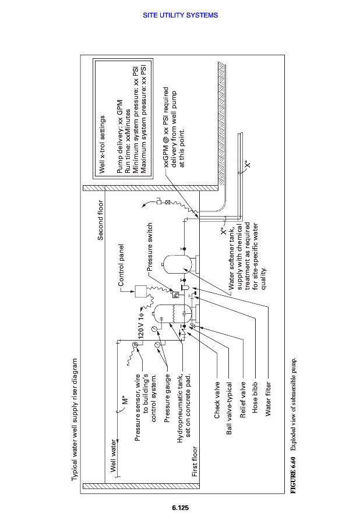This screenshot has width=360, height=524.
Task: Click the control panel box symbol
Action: point(140,291)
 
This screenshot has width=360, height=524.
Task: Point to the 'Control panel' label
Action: point(121,265)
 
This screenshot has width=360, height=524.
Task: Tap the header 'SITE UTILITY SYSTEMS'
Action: point(180,15)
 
